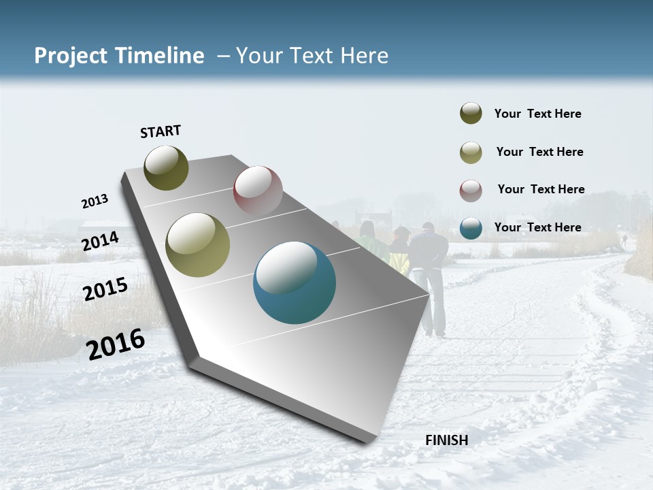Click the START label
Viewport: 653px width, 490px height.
(x=161, y=131)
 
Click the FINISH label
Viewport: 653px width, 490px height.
(x=446, y=440)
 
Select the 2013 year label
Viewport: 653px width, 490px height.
(x=95, y=201)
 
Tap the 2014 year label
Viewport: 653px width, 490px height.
(x=100, y=242)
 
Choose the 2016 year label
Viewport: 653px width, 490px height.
(x=116, y=344)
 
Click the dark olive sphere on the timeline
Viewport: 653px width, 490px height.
(x=166, y=167)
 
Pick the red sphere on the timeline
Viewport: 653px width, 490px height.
(x=258, y=190)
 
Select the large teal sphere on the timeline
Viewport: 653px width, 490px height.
(x=295, y=282)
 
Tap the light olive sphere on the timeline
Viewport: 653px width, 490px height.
(x=198, y=245)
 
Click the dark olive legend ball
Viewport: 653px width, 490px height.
(x=471, y=114)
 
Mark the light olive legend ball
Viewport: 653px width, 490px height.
(x=471, y=152)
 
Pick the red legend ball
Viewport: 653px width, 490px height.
(x=471, y=189)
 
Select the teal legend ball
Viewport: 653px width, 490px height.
(x=471, y=227)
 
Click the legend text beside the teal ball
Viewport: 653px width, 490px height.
(x=537, y=227)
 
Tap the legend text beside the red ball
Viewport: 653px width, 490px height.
(x=541, y=189)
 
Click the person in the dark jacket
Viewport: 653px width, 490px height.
(x=428, y=272)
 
